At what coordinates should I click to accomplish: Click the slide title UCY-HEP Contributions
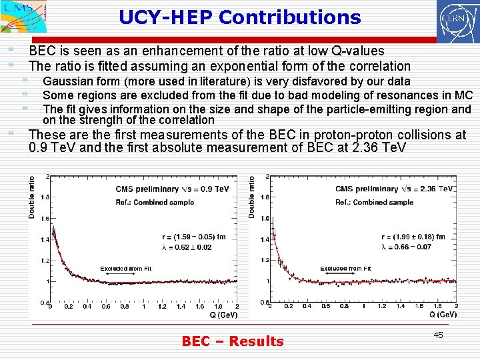[x=240, y=17]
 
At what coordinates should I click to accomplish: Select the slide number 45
[x=438, y=335]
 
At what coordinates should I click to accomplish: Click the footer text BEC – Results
[x=233, y=341]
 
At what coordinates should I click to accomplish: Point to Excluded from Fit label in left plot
[x=126, y=269]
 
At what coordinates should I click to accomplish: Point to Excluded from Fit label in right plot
[x=345, y=269]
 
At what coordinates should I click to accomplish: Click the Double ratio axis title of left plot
[x=32, y=196]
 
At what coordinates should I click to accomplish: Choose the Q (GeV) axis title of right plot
[x=443, y=314]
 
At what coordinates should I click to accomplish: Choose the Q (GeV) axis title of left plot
[x=223, y=315]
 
